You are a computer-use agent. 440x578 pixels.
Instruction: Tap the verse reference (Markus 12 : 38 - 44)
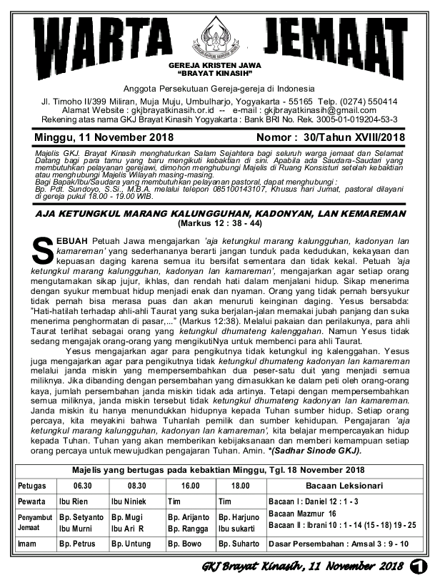point(220,222)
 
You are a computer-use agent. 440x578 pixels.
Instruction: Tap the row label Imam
point(29,544)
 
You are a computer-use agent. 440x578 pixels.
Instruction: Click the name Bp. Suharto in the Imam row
point(237,544)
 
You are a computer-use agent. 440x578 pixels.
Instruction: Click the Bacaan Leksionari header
point(344,486)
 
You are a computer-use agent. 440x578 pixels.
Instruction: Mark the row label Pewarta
point(32,501)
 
